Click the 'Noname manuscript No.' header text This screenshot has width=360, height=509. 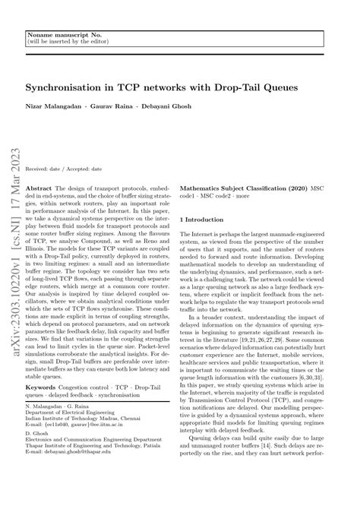(x=62, y=36)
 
